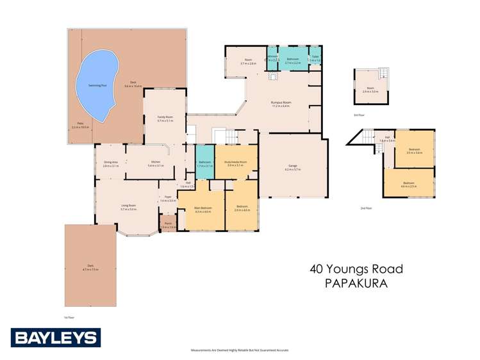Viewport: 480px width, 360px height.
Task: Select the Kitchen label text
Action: pyautogui.click(x=155, y=163)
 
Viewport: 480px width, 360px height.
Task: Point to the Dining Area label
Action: pyautogui.click(x=110, y=163)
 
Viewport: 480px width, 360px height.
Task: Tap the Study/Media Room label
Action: pyautogui.click(x=235, y=163)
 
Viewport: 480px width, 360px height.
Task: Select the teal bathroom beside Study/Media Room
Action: pyautogui.click(x=204, y=164)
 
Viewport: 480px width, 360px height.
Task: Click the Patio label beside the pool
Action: pyautogui.click(x=80, y=125)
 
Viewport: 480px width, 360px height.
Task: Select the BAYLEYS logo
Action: pyautogui.click(x=55, y=338)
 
